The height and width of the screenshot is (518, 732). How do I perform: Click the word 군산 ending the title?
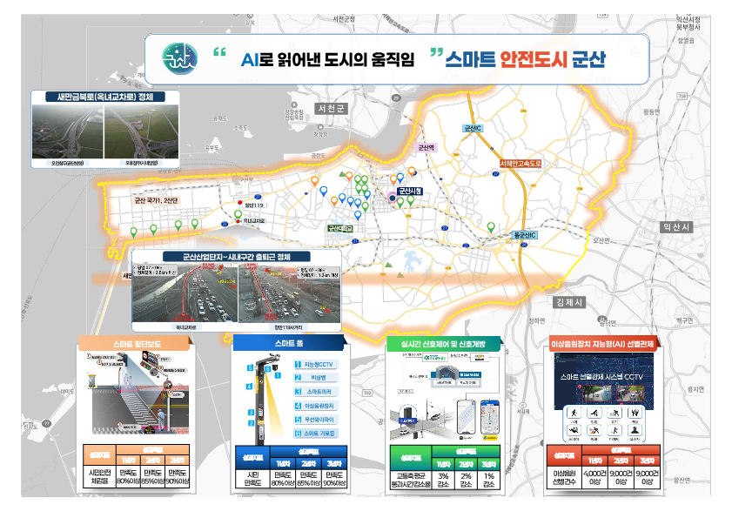[588, 60]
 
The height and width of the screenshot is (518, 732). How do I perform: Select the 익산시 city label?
[675, 226]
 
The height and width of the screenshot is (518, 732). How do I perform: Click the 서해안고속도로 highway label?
[520, 163]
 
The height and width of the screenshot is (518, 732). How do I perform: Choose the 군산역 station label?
[426, 148]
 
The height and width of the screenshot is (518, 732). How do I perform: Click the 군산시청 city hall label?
[410, 191]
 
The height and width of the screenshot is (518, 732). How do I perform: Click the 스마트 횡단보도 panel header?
[132, 344]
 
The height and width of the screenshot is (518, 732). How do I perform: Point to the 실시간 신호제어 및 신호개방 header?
[443, 344]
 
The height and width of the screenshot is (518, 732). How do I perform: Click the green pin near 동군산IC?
[491, 228]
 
